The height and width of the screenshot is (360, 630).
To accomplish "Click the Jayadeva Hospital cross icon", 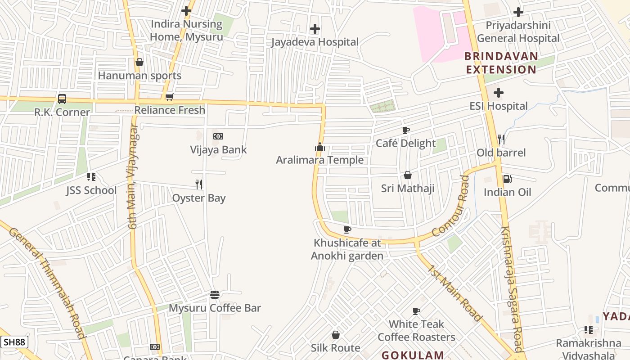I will tap(315, 29).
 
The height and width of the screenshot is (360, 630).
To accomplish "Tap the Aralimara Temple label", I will tap(319, 160).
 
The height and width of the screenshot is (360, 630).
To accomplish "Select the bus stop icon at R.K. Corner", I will tap(62, 99).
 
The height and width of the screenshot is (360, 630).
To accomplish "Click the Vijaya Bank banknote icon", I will tap(218, 136).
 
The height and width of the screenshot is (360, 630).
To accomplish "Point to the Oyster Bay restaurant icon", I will tap(199, 184).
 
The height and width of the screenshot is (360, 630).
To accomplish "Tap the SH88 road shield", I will tap(14, 342).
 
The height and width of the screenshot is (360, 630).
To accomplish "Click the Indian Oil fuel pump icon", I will tap(507, 179).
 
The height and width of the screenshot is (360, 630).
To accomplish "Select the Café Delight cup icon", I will tap(406, 130).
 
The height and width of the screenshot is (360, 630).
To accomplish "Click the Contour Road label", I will tap(451, 206).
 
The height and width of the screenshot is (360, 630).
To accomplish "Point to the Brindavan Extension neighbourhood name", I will tap(501, 63).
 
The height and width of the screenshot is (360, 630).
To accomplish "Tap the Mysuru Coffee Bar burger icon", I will tap(215, 295).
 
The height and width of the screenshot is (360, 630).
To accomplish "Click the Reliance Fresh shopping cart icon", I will tap(170, 97).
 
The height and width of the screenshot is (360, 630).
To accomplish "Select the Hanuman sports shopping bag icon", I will tap(139, 62).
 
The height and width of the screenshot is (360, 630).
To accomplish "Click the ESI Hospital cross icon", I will tap(499, 93).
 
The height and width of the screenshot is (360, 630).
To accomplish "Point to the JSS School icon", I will tap(91, 177).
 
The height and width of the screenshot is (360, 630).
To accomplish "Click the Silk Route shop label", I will tap(336, 348).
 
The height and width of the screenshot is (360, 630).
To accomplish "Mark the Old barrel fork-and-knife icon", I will tap(501, 139).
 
